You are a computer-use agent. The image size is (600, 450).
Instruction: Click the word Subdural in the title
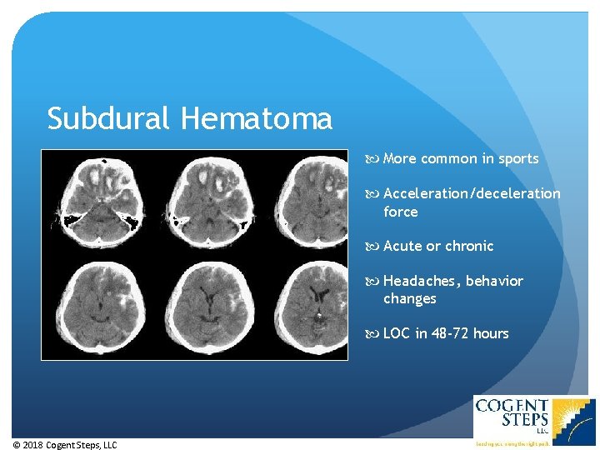[110, 119]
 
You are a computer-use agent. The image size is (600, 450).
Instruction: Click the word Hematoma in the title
[256, 119]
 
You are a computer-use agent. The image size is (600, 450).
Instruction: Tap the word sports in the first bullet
[518, 158]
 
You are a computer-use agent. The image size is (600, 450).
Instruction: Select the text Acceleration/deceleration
[472, 193]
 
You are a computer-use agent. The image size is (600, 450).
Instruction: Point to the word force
[401, 212]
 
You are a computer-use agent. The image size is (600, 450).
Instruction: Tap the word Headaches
[419, 281]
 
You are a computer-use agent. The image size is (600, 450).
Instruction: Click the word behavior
[494, 281]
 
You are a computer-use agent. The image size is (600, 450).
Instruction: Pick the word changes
[410, 298]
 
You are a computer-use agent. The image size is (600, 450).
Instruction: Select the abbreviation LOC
[397, 333]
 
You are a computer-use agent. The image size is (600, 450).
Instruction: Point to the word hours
[491, 333]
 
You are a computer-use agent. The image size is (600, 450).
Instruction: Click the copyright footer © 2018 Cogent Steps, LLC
[65, 445]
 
